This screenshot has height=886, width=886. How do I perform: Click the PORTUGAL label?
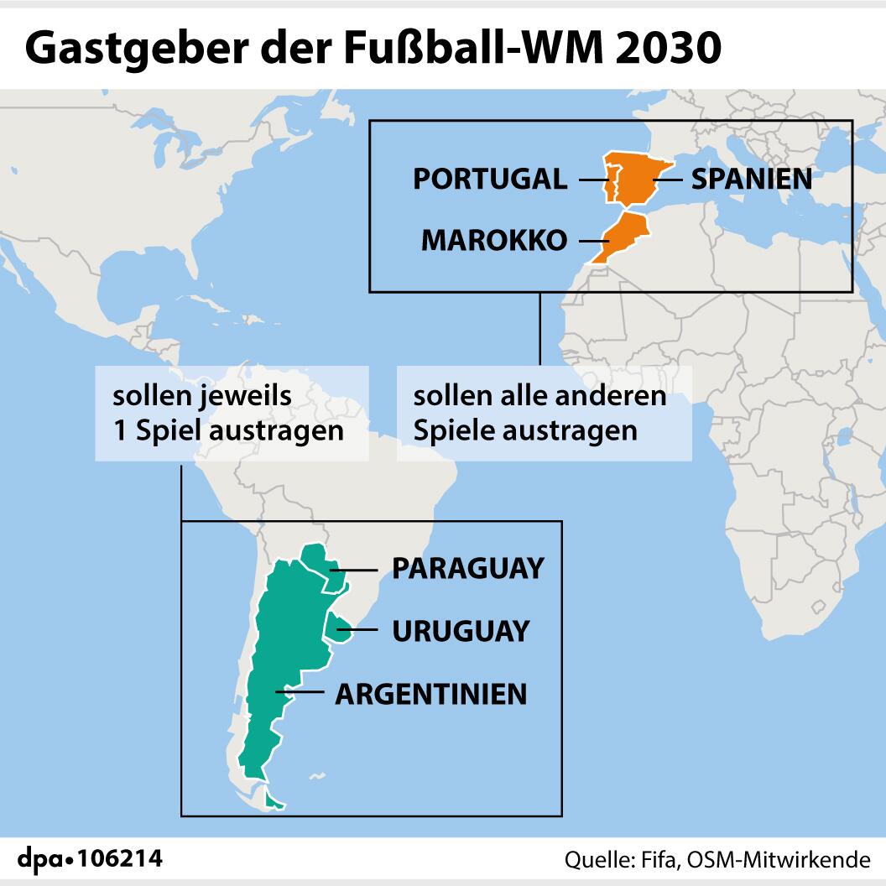tap(489, 179)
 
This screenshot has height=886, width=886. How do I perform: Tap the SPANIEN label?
tap(751, 179)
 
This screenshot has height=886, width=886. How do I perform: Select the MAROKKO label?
tap(493, 240)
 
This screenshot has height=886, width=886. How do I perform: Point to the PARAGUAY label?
tap(467, 569)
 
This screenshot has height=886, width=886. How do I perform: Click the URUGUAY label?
tap(461, 630)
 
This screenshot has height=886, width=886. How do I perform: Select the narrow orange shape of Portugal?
tap(612, 183)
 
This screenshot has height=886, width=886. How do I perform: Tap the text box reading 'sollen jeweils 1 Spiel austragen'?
tap(232, 413)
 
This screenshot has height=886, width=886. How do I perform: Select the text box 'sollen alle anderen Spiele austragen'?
tap(545, 413)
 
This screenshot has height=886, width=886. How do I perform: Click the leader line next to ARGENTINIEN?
tap(305, 693)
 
